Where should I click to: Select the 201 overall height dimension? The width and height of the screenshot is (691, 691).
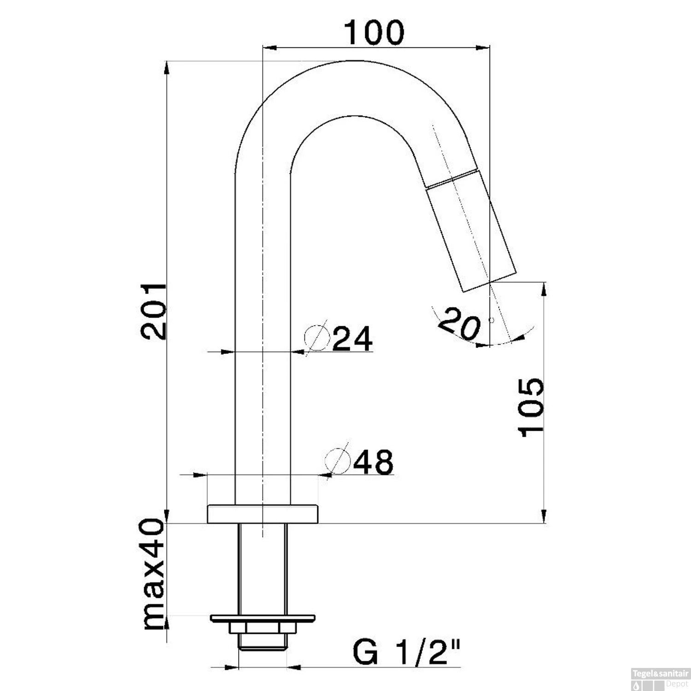point(154,311)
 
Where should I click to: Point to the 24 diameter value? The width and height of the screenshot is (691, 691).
point(352,339)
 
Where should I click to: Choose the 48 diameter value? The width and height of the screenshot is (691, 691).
point(373,462)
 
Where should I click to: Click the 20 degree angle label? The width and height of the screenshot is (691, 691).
point(459,323)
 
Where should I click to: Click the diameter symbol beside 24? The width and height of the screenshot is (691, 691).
point(317,338)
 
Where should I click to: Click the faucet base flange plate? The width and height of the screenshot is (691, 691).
point(263,514)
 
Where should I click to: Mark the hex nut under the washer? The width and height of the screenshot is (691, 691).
point(263,628)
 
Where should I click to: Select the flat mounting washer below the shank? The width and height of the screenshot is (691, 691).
point(263,618)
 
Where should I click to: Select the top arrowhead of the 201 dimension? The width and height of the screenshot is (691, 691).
point(167,68)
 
